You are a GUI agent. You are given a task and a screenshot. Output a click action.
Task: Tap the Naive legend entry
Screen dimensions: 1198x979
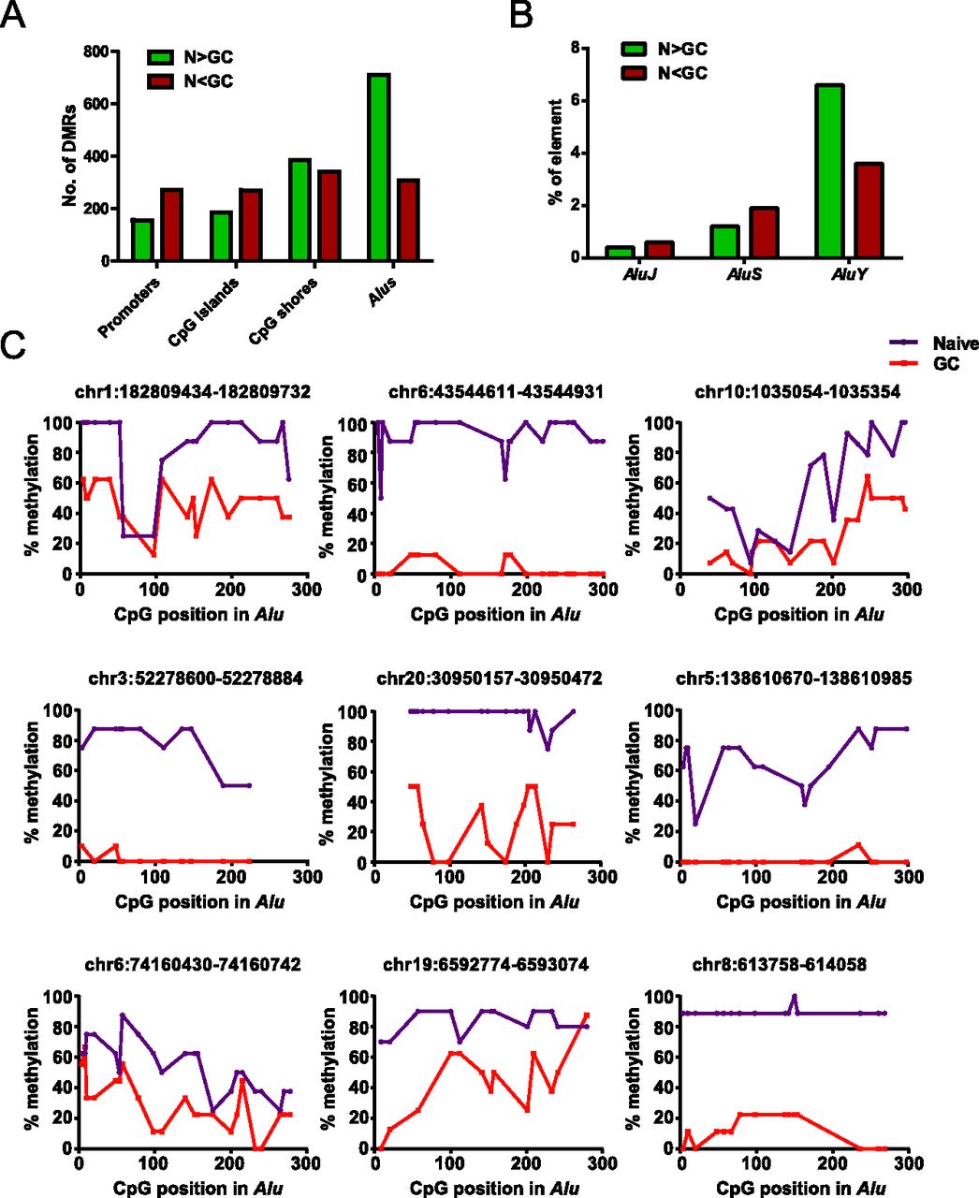coord(955,344)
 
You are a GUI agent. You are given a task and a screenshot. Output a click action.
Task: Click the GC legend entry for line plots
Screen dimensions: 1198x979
coord(945,364)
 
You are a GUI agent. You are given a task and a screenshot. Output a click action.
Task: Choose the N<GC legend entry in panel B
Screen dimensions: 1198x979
coord(680,72)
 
